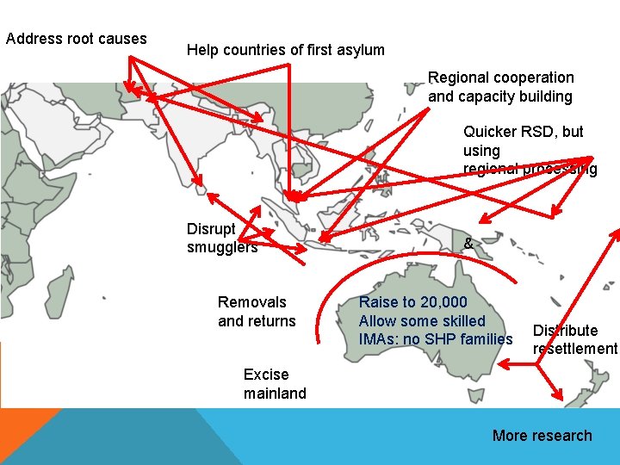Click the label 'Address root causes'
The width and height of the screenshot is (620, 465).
coord(76,39)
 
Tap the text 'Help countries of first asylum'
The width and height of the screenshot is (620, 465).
coord(285,50)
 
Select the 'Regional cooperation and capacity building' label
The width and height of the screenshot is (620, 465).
coord(500,87)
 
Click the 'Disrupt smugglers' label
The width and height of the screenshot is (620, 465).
coord(221,238)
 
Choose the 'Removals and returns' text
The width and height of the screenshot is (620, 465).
coord(257,312)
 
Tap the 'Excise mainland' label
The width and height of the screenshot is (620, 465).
coord(275,384)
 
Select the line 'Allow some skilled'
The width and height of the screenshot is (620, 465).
coord(422,321)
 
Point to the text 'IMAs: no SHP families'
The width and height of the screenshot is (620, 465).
coord(435,339)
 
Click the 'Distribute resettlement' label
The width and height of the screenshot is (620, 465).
coord(574,339)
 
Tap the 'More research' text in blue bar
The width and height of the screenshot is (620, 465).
coord(542,436)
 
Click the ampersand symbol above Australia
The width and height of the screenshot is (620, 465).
coord(468,244)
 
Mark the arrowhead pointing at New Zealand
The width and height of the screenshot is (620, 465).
coord(557,398)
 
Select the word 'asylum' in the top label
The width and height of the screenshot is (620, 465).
coord(361,50)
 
